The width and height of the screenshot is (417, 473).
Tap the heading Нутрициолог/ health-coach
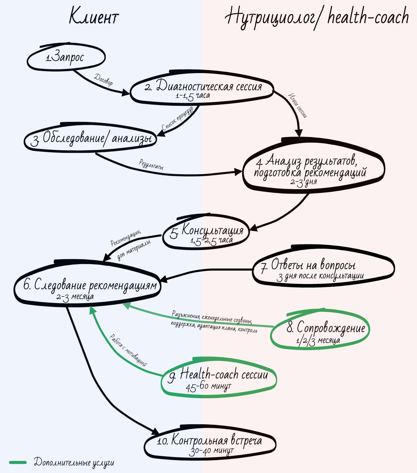(x=317, y=17)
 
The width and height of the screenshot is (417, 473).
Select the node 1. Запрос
(x=66, y=57)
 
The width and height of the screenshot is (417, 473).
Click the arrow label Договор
(x=103, y=80)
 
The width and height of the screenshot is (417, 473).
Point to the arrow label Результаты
(x=151, y=164)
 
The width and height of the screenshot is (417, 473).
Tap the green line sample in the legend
(x=18, y=462)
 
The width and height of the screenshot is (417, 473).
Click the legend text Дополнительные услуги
(x=74, y=462)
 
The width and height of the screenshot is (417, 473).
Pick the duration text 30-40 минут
(x=211, y=451)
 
